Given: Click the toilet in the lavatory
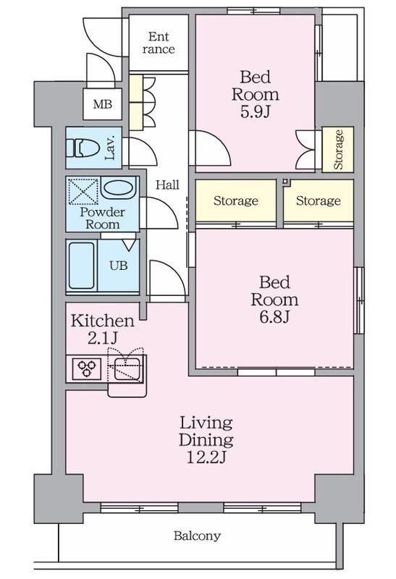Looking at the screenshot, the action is pyautogui.click(x=83, y=148).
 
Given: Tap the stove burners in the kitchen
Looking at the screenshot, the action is pyautogui.click(x=87, y=368).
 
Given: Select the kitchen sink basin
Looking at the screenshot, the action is pyautogui.click(x=127, y=368).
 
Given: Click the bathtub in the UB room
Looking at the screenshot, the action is pyautogui.click(x=81, y=266).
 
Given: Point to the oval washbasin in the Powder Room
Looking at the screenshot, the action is pyautogui.click(x=118, y=187).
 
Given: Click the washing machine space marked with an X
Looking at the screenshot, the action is pyautogui.click(x=84, y=191).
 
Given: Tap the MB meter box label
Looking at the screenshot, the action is pyautogui.click(x=102, y=104).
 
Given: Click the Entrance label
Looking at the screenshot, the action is pyautogui.click(x=159, y=43).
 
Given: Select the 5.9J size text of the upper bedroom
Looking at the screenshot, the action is pyautogui.click(x=256, y=111).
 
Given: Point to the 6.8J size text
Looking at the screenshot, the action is pyautogui.click(x=274, y=317).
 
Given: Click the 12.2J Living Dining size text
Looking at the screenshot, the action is pyautogui.click(x=206, y=457).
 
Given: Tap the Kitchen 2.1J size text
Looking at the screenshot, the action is pyautogui.click(x=103, y=338).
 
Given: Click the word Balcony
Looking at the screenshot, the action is pyautogui.click(x=197, y=536).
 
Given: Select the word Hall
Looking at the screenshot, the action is pyautogui.click(x=167, y=185).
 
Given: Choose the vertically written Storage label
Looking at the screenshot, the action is pyautogui.click(x=338, y=150).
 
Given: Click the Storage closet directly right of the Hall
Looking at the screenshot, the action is pyautogui.click(x=236, y=200).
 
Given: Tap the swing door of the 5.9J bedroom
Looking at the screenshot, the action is pyautogui.click(x=210, y=148).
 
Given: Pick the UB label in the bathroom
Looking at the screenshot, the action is pyautogui.click(x=119, y=266).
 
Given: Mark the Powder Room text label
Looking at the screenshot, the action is pyautogui.click(x=102, y=218).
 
